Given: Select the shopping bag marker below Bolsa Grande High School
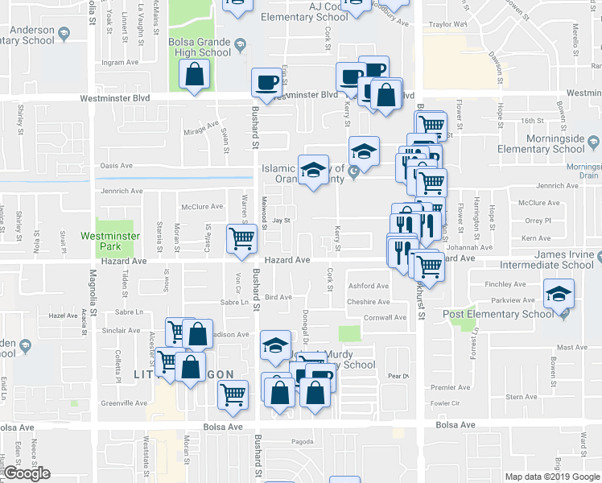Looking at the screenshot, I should (x=195, y=75).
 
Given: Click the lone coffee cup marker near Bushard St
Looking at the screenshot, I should (x=266, y=81).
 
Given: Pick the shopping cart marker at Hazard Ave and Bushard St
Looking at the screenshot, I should (x=242, y=239).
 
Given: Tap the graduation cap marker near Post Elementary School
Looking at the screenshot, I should (x=558, y=294).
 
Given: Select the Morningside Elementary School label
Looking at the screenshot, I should (x=541, y=143).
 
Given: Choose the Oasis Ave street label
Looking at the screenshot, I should (x=116, y=166).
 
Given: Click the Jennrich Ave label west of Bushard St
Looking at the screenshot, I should (x=122, y=192).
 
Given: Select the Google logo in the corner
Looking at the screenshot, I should (x=27, y=473).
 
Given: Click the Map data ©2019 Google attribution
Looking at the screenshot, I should (x=552, y=477).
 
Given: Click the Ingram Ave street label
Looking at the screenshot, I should (x=121, y=62).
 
